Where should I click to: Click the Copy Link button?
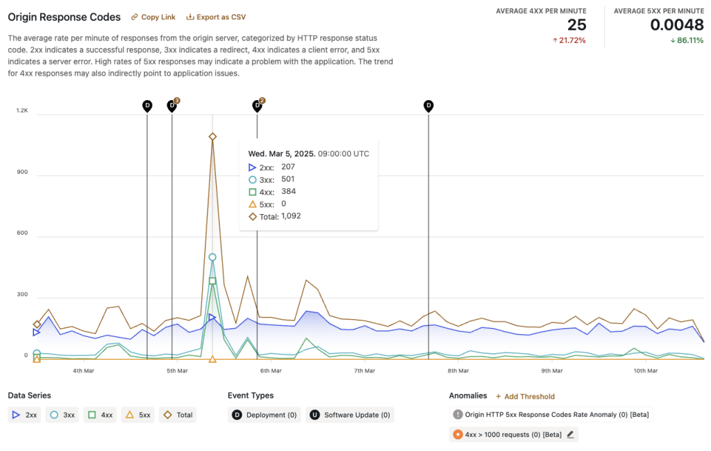point(153,17)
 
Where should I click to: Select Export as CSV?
point(216,17)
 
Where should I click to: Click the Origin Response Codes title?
point(64,17)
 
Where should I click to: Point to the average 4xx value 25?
point(576,25)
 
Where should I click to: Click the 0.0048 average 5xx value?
point(676,25)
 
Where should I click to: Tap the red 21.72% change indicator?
point(569,40)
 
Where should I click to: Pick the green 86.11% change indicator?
point(687,40)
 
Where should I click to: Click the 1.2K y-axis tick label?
point(22,110)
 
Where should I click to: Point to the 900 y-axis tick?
point(22,172)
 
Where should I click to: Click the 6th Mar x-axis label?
point(271,370)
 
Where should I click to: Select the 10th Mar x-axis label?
point(646,370)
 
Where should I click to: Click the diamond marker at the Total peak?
point(212,137)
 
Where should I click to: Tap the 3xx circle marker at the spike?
point(212,257)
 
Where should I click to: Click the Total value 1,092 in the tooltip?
point(291,216)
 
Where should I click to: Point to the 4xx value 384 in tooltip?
point(289,191)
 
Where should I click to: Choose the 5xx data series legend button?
point(137,415)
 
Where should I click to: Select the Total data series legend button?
point(178,415)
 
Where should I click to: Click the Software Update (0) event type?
point(350,415)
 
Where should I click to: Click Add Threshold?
point(525,396)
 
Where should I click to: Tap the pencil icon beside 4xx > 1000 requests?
point(570,434)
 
